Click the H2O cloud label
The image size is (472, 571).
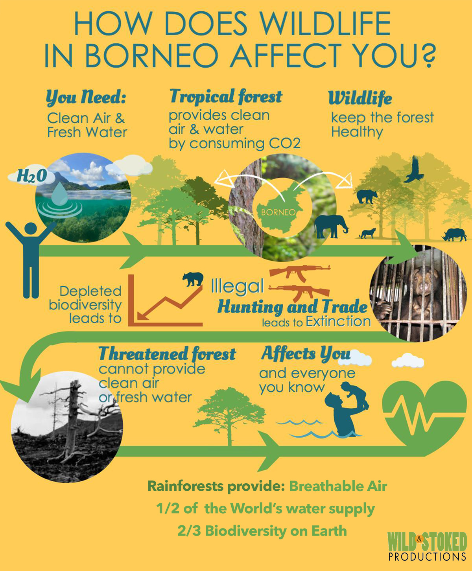[32, 176]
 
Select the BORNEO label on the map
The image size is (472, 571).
[278, 212]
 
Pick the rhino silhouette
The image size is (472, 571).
[454, 235]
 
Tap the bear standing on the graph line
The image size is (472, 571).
[193, 279]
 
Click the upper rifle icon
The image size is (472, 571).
[300, 273]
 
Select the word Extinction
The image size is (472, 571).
[338, 322]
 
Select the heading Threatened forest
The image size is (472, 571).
[167, 354]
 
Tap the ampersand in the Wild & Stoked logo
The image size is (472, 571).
[419, 538]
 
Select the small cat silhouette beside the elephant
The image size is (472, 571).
[367, 234]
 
